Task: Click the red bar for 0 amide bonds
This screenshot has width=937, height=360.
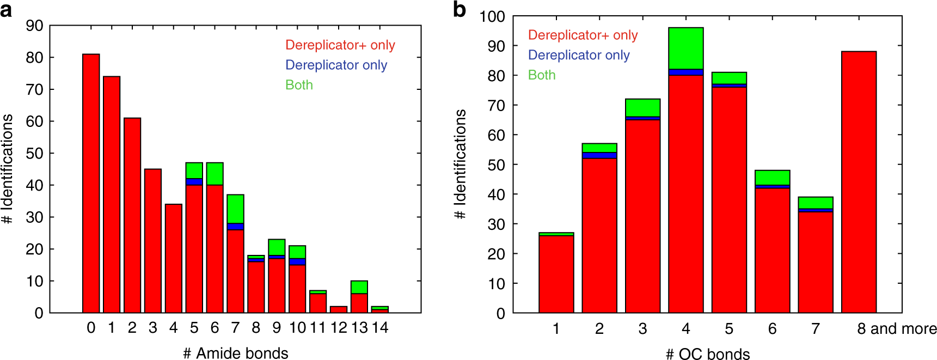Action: [91, 184]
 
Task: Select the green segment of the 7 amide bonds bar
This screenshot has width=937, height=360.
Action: [235, 209]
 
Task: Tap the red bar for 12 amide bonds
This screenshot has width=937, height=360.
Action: [338, 309]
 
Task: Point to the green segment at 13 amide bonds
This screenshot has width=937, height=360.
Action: [359, 287]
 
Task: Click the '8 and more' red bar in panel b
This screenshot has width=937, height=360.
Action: [859, 182]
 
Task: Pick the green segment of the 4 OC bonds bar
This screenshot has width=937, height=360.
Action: [685, 48]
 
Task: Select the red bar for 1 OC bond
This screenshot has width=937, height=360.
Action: [556, 274]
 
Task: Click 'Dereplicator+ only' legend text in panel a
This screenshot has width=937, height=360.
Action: [340, 45]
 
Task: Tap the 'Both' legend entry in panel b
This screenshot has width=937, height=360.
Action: [542, 75]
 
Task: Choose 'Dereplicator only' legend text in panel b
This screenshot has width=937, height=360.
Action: [579, 55]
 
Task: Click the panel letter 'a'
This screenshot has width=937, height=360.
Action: [6, 10]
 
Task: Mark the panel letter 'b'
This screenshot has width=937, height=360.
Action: [460, 10]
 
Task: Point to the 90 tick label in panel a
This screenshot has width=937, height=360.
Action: [35, 26]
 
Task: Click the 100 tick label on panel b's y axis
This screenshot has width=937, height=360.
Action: [492, 16]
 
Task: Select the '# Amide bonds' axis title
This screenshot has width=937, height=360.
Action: [235, 353]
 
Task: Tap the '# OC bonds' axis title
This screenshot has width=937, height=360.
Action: [708, 354]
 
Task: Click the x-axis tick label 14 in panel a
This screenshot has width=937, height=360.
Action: [379, 328]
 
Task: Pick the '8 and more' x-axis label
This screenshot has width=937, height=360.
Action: [897, 329]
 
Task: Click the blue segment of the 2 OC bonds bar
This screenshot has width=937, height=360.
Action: [599, 155]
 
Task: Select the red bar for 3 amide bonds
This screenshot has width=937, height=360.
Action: [152, 241]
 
